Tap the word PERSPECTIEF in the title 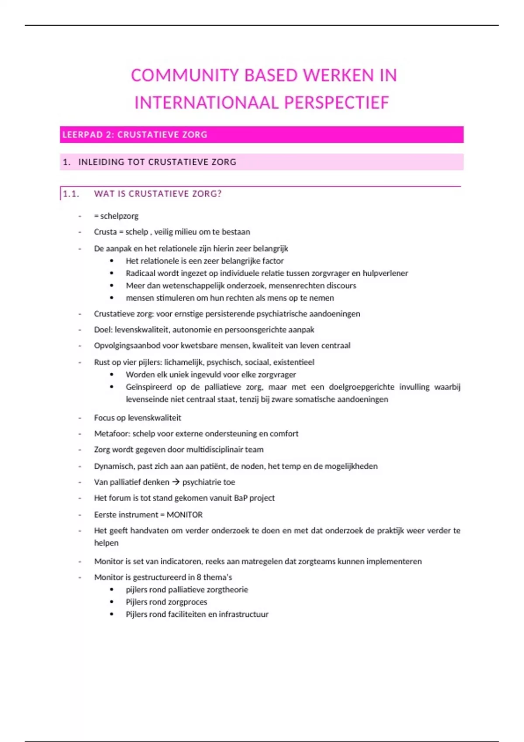click(336, 103)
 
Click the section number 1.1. click(71, 194)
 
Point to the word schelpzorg click(119, 216)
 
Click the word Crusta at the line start click(105, 232)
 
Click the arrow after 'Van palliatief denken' click(176, 482)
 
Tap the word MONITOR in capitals click(184, 515)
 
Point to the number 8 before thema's click(199, 577)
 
